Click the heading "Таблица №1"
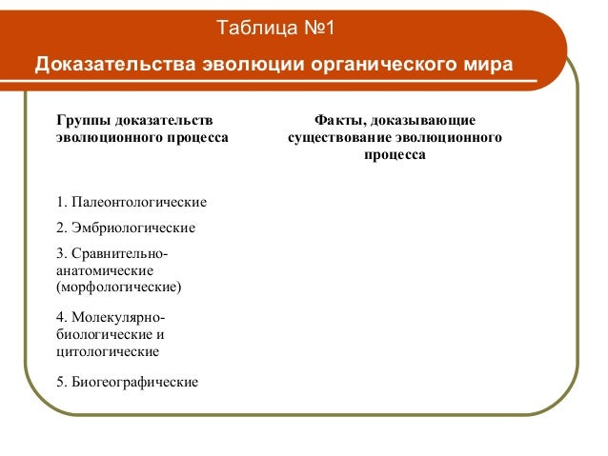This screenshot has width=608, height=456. pyautogui.click(x=274, y=25)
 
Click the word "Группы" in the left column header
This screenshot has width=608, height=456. pyautogui.click(x=83, y=120)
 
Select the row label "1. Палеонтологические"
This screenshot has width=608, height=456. pyautogui.click(x=132, y=203)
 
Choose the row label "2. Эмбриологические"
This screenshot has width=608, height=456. pyautogui.click(x=126, y=228)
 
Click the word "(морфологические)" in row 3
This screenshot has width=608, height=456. pyautogui.click(x=119, y=287)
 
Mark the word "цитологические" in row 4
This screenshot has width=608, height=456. pyautogui.click(x=107, y=351)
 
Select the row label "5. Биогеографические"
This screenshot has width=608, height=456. pyautogui.click(x=128, y=383)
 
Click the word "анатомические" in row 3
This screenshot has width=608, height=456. pyautogui.click(x=105, y=270)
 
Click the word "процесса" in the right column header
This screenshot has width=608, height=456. pyautogui.click(x=395, y=155)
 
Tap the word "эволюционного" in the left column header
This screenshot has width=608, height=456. pyautogui.click(x=106, y=138)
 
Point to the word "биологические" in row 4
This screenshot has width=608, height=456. pyautogui.click(x=104, y=334)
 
